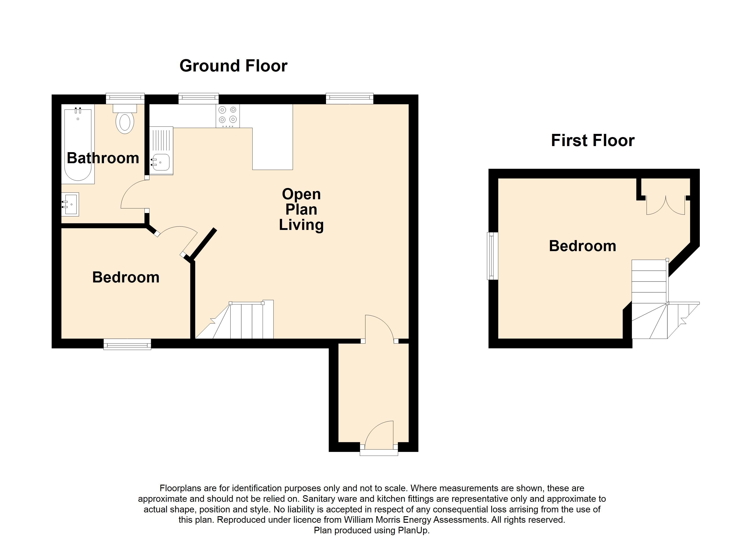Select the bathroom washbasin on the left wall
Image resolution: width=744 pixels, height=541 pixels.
coord(70,204)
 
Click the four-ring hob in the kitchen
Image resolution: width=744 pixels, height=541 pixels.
coord(228,116)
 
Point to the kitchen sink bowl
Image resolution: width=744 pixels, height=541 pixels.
coord(161,162)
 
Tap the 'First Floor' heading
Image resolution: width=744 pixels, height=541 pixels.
coord(592,140)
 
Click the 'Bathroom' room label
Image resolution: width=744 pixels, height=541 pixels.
coord(103,158)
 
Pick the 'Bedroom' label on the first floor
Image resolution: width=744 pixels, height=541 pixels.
coord(582,246)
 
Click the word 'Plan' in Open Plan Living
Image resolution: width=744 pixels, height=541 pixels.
coord(301,209)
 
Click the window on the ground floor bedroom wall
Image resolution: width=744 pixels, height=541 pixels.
coord(127,344)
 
